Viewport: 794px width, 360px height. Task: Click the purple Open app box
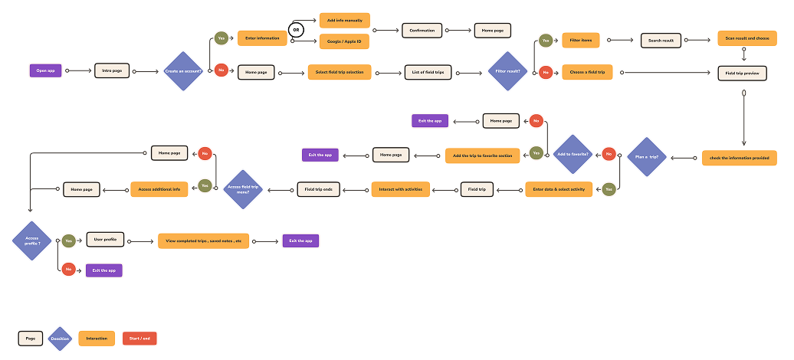[x=46, y=71]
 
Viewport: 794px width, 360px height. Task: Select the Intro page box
[x=112, y=71]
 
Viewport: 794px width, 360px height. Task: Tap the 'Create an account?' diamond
[x=183, y=71]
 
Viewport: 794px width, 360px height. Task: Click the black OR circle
[x=295, y=31]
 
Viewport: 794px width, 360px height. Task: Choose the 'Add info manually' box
[x=344, y=20]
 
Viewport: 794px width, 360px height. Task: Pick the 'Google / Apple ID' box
[x=344, y=41]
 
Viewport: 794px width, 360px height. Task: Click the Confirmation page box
[x=422, y=31]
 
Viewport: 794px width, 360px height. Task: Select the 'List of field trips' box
[x=428, y=72]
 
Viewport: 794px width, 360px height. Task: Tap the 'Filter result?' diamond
[x=507, y=72]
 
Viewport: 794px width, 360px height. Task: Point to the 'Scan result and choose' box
[x=746, y=38]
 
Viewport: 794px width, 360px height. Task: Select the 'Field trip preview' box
[x=742, y=74]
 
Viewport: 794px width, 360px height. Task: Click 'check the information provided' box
[x=740, y=158]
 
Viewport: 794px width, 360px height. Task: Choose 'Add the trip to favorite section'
[x=483, y=155]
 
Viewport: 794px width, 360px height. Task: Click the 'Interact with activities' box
[x=401, y=189]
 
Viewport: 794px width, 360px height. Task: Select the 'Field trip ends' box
[x=318, y=189]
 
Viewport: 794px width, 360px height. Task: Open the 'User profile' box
[x=106, y=240]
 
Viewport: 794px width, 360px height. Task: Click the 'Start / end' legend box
[x=139, y=338]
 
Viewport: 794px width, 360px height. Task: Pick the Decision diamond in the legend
[x=60, y=338]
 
